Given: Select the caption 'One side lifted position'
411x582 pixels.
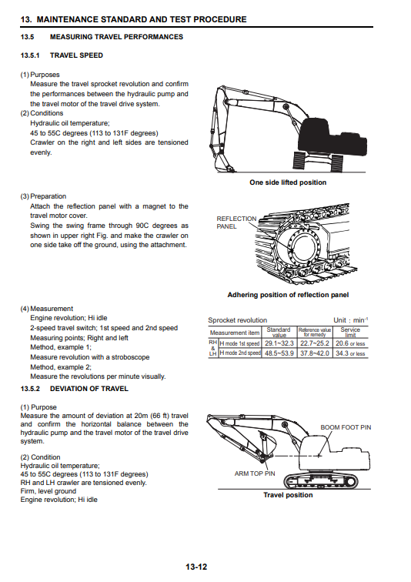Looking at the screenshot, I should (288, 182).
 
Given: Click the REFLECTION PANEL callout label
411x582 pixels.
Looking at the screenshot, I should (236, 222).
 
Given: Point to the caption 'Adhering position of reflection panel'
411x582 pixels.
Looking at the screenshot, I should (288, 295).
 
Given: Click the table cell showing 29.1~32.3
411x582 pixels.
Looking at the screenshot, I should (279, 343).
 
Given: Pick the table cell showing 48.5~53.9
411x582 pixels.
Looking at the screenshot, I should (279, 353).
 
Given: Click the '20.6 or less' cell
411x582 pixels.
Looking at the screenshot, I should (350, 343).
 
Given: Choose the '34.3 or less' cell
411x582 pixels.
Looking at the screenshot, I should (350, 353).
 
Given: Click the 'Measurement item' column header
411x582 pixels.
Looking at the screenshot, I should (235, 333).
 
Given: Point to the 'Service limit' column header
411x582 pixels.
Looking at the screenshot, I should (350, 333).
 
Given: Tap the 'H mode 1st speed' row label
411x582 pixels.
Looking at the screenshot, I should (240, 343).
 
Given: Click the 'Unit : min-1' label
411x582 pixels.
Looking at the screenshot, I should (350, 320).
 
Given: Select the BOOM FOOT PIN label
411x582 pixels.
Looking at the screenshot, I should (346, 427).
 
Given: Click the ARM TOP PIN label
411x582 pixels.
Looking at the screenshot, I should (255, 473).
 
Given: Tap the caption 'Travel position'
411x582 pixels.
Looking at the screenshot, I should (288, 495).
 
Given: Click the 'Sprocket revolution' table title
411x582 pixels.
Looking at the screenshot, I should (238, 320).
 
